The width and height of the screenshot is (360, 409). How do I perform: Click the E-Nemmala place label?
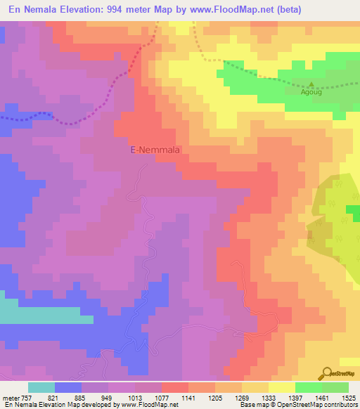point(157,150)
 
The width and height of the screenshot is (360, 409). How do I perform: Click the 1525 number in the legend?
point(347,398)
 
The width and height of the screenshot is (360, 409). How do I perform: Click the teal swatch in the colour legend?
point(41,387)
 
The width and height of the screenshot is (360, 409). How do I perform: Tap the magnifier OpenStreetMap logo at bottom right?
point(326,373)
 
